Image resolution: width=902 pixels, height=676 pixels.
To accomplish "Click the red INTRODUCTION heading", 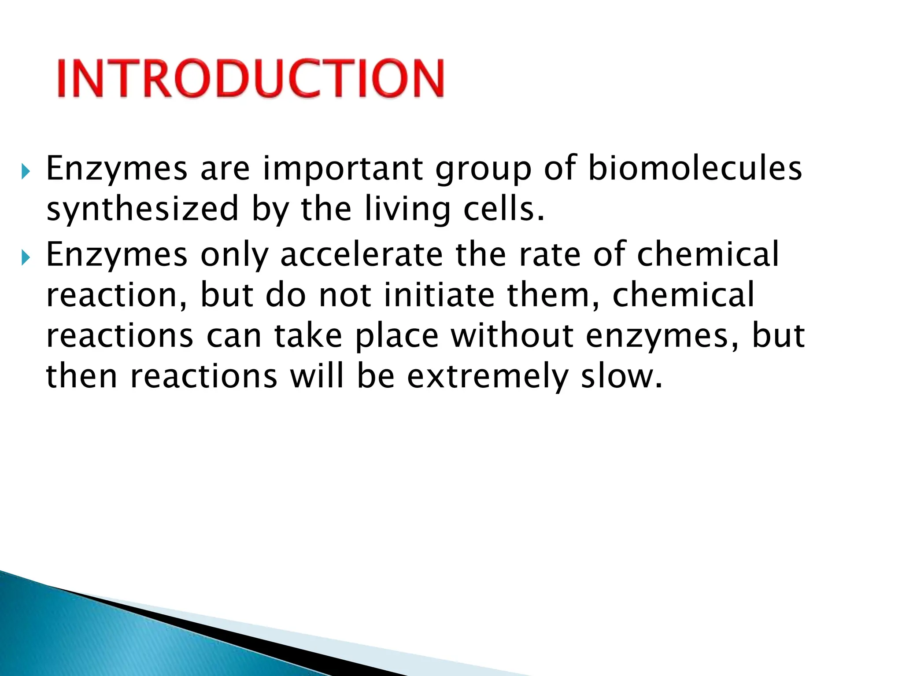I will (x=250, y=78).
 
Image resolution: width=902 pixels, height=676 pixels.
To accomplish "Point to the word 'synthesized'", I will (x=142, y=210).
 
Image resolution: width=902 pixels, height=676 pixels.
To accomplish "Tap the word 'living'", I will (x=408, y=210).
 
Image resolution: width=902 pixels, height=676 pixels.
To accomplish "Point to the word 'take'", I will (x=308, y=336).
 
